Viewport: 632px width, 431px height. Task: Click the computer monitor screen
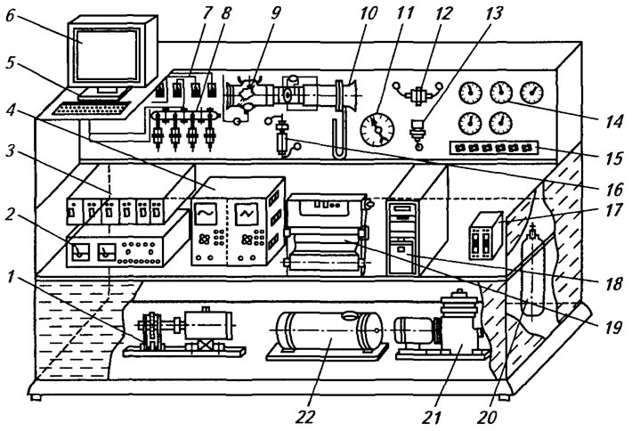[108, 54]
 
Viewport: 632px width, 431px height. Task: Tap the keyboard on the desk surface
[93, 109]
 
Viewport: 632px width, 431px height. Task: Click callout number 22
[304, 416]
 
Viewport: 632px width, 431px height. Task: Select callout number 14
[613, 120]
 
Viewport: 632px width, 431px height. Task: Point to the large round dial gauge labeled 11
[377, 129]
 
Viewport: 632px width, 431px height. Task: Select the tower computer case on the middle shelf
[403, 237]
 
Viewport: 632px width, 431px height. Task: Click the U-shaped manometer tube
[338, 134]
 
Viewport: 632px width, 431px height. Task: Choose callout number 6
[12, 16]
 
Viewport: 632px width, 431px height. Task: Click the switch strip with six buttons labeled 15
[494, 148]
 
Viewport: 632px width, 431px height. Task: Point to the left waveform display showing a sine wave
[206, 214]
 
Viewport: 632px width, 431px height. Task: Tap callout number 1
[11, 277]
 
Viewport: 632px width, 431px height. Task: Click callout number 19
[613, 327]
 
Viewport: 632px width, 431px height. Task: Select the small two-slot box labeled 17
[485, 236]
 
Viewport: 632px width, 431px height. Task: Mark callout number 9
[275, 12]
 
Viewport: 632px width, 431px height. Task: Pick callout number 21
[432, 417]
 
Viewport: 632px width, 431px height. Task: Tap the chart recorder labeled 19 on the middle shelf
[328, 235]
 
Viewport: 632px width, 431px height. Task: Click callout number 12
[443, 12]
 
